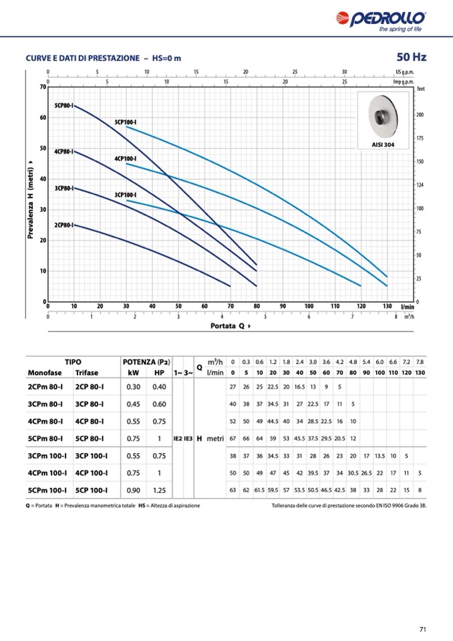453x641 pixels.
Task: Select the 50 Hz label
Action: (411, 57)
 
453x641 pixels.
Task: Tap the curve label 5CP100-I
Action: (125, 122)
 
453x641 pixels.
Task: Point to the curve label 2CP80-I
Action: (63, 225)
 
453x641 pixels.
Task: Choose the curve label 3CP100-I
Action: (125, 195)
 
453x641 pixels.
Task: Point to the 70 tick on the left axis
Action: (42, 87)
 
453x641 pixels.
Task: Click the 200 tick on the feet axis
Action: (420, 115)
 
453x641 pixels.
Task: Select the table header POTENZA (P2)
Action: (146, 361)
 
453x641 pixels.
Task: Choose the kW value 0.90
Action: (134, 490)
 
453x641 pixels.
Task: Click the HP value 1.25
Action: (159, 490)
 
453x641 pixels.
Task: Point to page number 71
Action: (423, 628)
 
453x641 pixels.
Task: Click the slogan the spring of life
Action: (400, 29)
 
